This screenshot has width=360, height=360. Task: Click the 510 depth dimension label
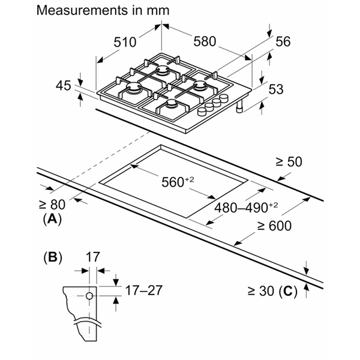pyautogui.click(x=125, y=42)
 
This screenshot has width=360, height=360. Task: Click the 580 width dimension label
pyautogui.click(x=205, y=41)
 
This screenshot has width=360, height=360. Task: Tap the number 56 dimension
pyautogui.click(x=283, y=41)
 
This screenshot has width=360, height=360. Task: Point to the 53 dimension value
pyautogui.click(x=276, y=89)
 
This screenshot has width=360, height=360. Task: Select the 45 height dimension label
pyautogui.click(x=64, y=86)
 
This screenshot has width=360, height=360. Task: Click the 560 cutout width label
pyautogui.click(x=178, y=182)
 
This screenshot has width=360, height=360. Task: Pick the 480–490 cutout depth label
pyautogui.click(x=246, y=208)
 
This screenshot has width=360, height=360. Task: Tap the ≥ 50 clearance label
pyautogui.click(x=289, y=161)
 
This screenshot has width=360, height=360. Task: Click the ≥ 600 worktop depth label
pyautogui.click(x=274, y=226)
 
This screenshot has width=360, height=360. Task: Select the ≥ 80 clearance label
pyautogui.click(x=52, y=205)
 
